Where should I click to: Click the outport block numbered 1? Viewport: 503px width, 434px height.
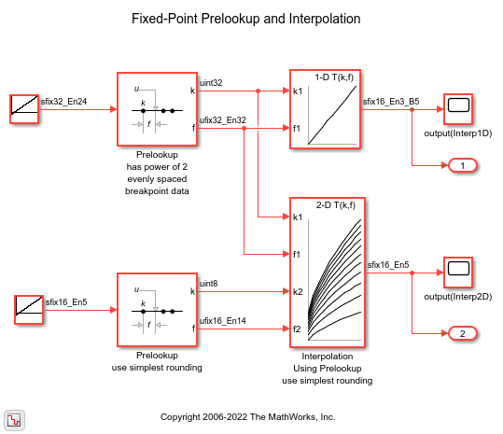click(x=462, y=165)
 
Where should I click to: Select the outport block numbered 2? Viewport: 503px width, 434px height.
click(x=462, y=333)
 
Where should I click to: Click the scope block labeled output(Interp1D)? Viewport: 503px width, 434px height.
click(x=458, y=109)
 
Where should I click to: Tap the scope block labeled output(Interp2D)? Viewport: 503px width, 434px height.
click(x=458, y=273)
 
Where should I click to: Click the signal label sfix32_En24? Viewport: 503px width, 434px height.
click(x=63, y=102)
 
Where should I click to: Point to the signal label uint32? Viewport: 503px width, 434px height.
click(x=211, y=83)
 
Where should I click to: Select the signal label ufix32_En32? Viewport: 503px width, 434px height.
click(x=223, y=120)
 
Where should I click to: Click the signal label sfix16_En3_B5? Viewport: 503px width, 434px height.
click(x=391, y=102)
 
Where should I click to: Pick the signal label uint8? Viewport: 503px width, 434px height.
click(x=208, y=284)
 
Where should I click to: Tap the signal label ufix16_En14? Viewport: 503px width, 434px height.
click(x=223, y=321)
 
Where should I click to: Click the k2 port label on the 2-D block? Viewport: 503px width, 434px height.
click(x=298, y=291)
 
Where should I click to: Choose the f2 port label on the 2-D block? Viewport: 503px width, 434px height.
click(x=297, y=329)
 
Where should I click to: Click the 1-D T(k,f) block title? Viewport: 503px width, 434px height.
click(x=334, y=77)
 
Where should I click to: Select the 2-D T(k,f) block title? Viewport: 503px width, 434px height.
click(x=336, y=205)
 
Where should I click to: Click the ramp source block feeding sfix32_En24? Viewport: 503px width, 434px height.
click(x=24, y=109)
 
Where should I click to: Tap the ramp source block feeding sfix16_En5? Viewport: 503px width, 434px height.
click(x=29, y=310)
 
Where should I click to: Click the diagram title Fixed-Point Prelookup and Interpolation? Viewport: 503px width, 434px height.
click(x=246, y=19)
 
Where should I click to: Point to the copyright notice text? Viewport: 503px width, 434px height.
click(x=247, y=417)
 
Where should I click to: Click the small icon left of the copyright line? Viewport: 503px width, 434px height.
click(x=14, y=420)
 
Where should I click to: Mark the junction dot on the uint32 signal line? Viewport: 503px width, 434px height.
click(x=258, y=91)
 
